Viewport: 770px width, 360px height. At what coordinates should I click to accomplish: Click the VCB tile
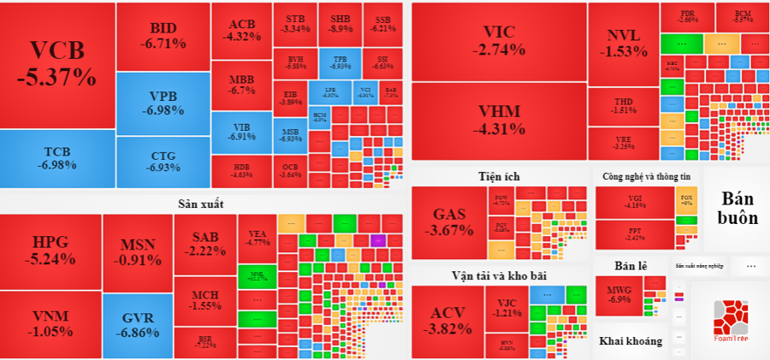[57, 64]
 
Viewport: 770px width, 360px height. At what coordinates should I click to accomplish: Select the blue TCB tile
[57, 157]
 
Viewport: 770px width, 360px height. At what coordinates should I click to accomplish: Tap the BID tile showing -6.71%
[163, 37]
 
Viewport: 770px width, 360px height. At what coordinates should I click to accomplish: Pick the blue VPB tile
[163, 103]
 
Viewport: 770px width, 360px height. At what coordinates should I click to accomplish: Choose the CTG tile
[163, 162]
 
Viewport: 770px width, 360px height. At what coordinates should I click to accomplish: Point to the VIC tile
[499, 41]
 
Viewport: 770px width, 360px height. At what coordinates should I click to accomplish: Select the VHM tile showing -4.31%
[499, 121]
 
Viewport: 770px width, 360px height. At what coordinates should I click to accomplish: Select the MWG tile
[619, 295]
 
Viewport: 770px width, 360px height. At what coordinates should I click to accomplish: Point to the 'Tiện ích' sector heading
[499, 176]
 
